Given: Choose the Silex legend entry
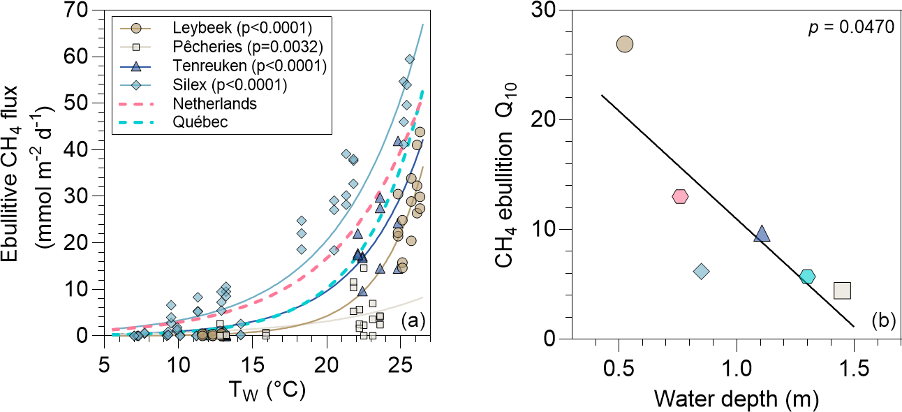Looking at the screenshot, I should click(230, 85).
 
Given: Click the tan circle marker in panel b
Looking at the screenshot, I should click(625, 44).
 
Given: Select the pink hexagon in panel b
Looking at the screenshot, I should click(680, 196).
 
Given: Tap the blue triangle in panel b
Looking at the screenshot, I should click(762, 234).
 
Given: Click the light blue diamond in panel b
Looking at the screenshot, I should click(702, 271).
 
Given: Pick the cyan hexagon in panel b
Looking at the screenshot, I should click(807, 277).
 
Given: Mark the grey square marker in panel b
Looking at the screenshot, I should click(843, 290).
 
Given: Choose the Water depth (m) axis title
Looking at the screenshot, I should click(736, 398).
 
